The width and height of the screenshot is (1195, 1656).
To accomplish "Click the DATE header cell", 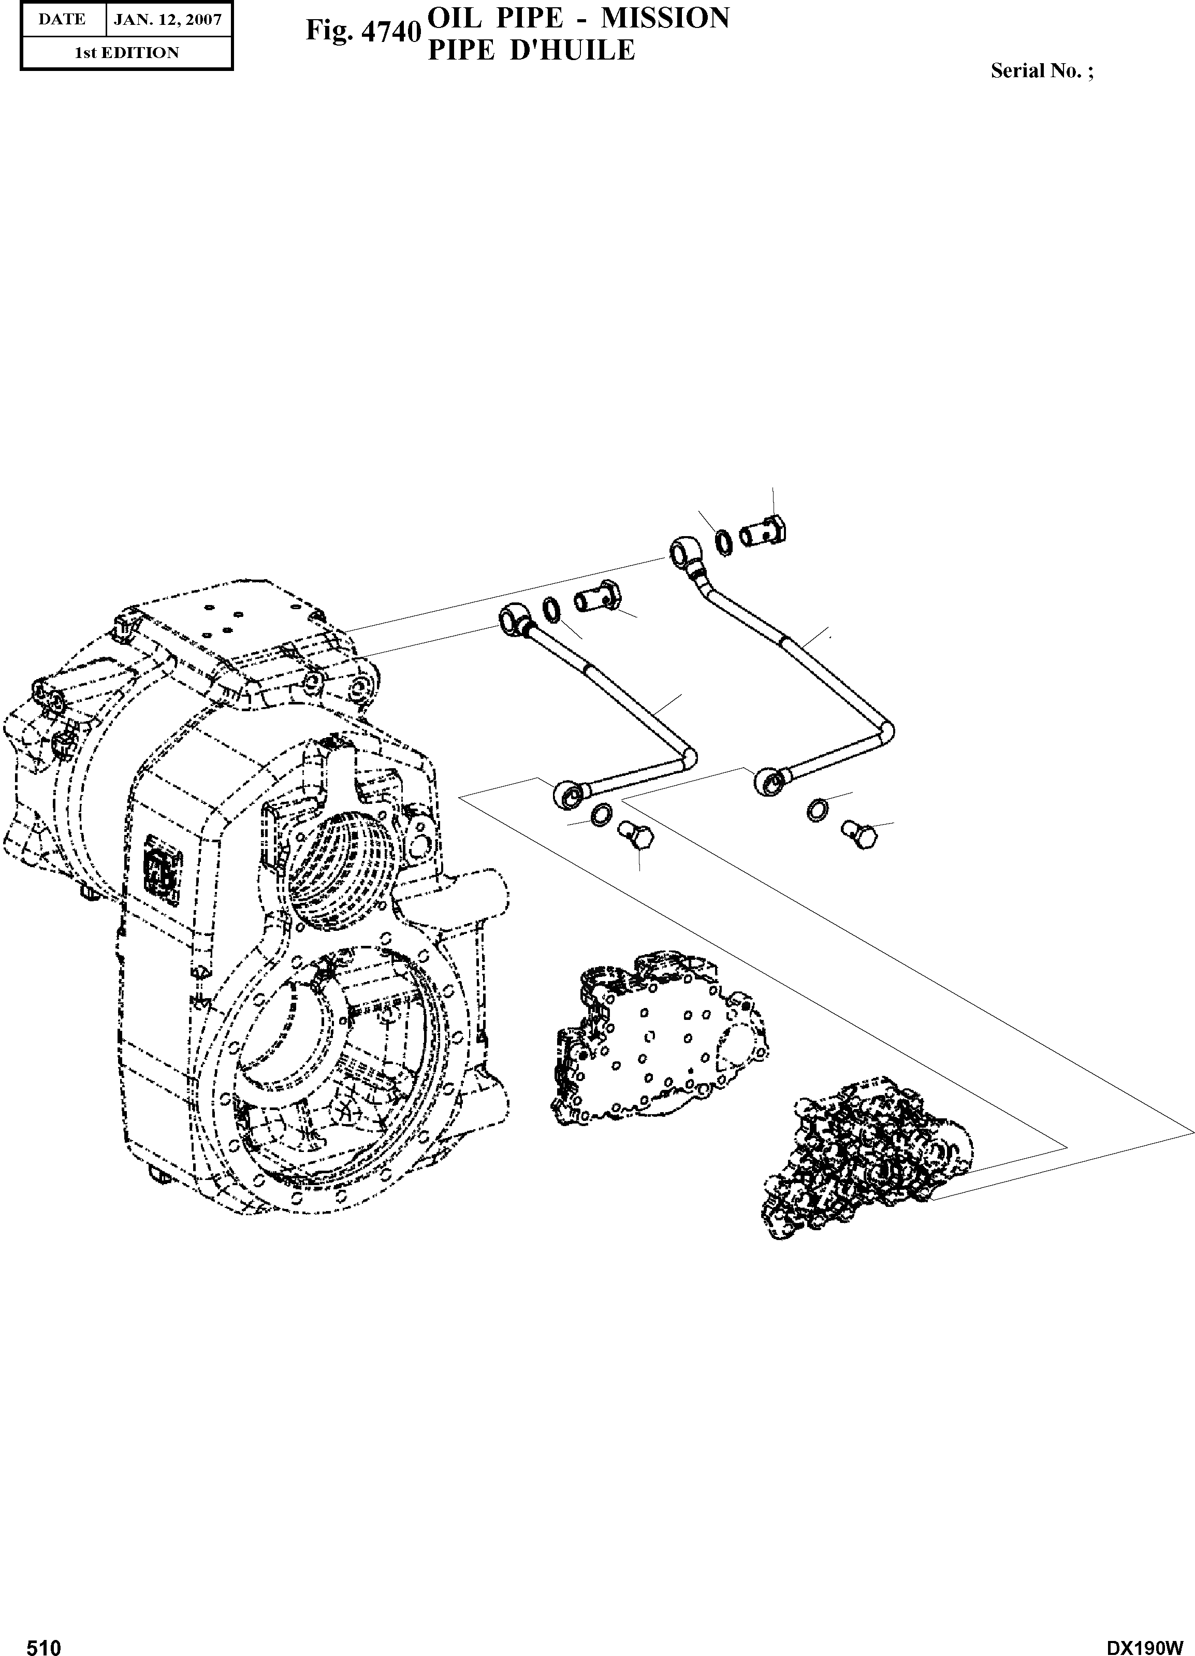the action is pyautogui.click(x=62, y=20).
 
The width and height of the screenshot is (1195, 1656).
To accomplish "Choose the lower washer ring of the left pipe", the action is pyautogui.click(x=601, y=814).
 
